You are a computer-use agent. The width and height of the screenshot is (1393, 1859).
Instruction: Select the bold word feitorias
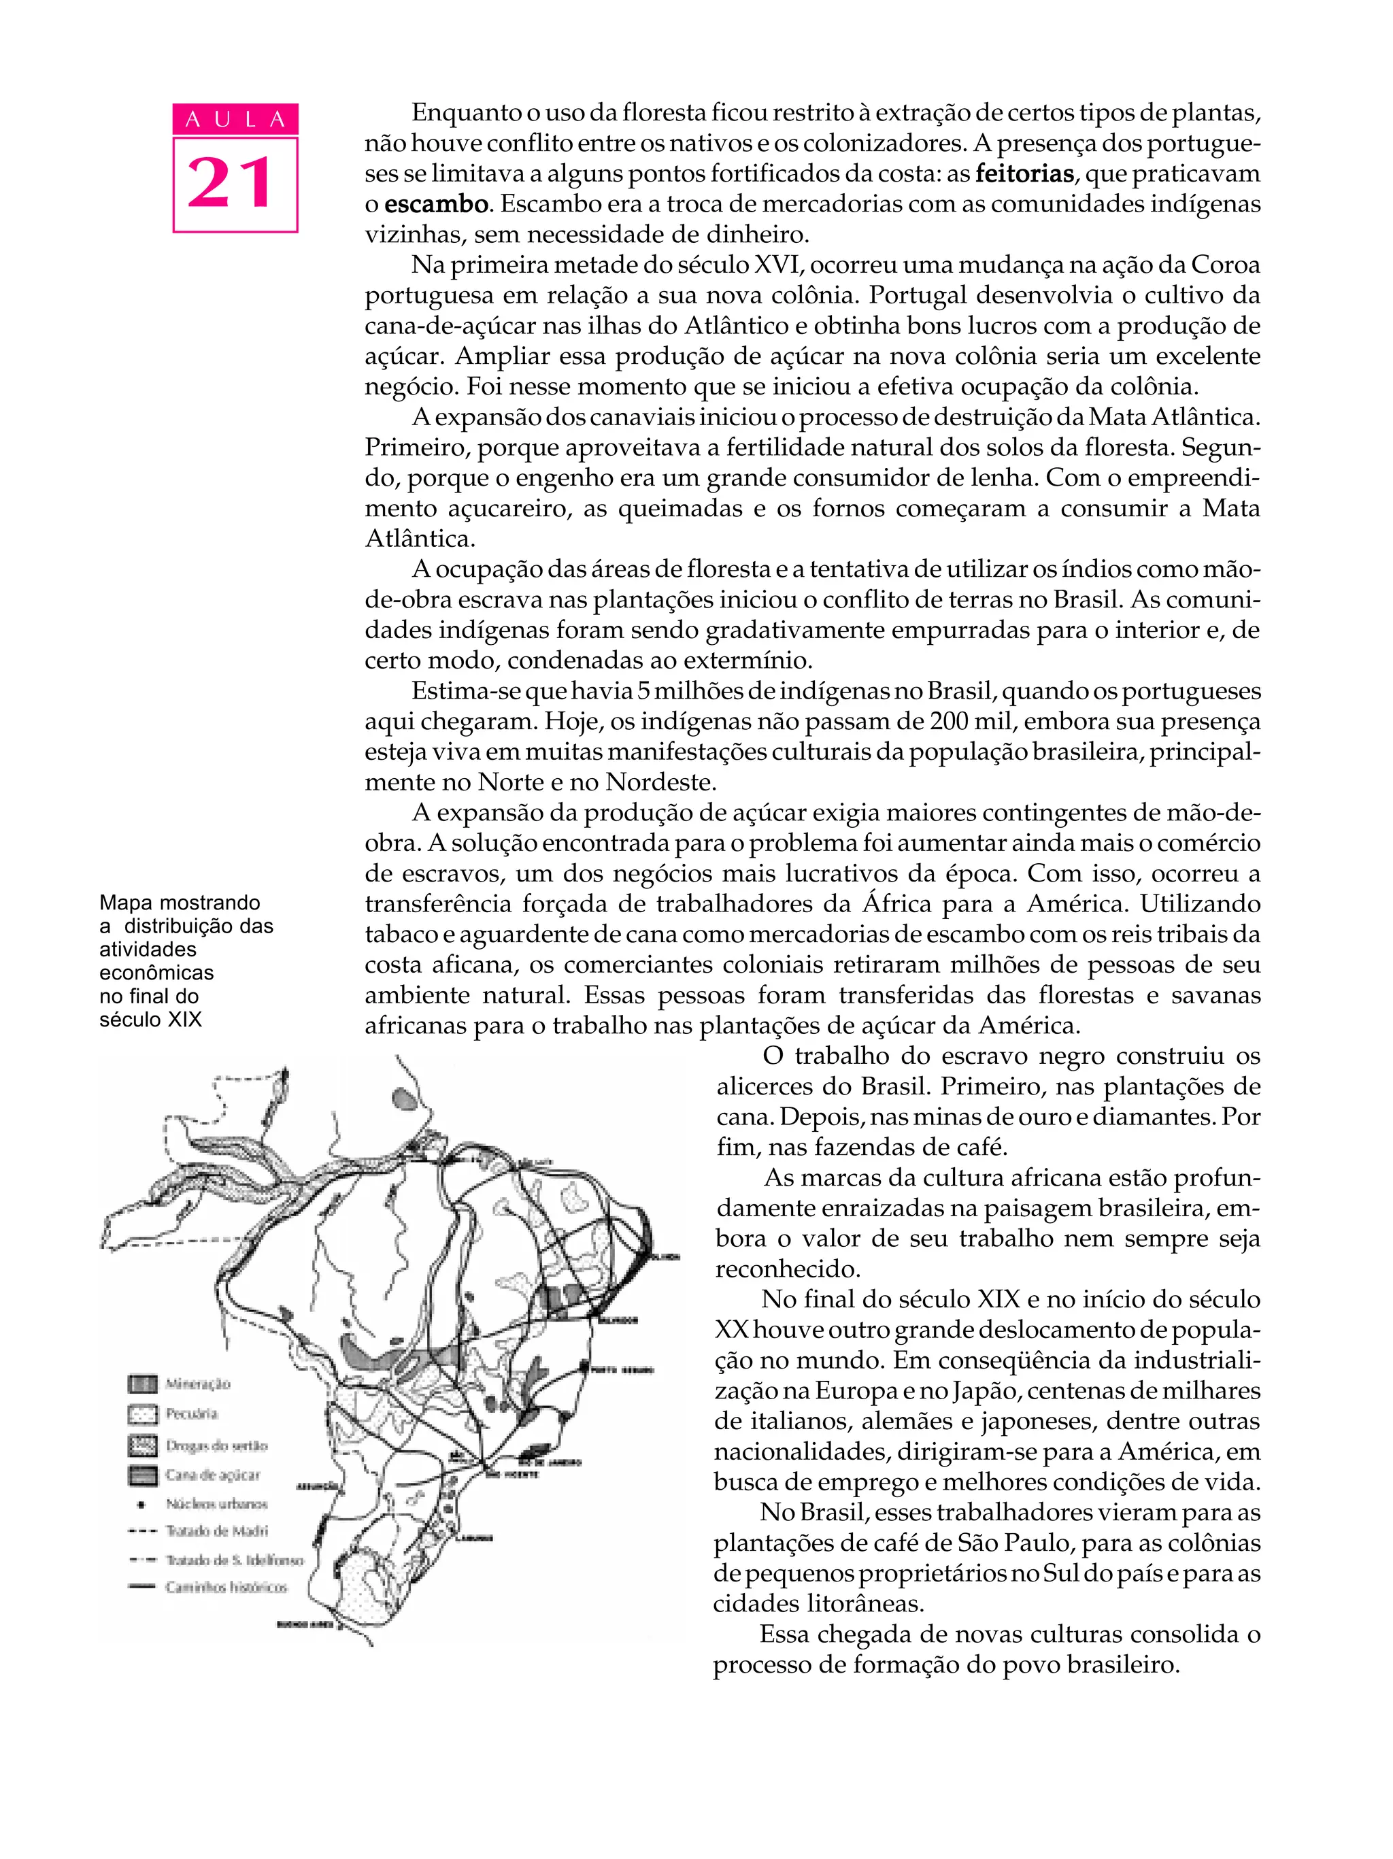pyautogui.click(x=1024, y=174)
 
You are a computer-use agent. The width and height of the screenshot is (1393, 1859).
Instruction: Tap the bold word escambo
pyautogui.click(x=436, y=204)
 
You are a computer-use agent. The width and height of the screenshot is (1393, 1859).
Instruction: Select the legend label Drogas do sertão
pyautogui.click(x=216, y=1446)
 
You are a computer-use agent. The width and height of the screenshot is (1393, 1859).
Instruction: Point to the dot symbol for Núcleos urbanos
pyautogui.click(x=143, y=1503)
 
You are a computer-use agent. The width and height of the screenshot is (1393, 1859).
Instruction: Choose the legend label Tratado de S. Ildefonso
pyautogui.click(x=233, y=1560)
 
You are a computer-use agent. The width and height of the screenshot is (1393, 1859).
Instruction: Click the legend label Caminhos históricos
pyautogui.click(x=226, y=1588)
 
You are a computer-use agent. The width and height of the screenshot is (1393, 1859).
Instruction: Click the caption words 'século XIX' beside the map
pyautogui.click(x=150, y=1020)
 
